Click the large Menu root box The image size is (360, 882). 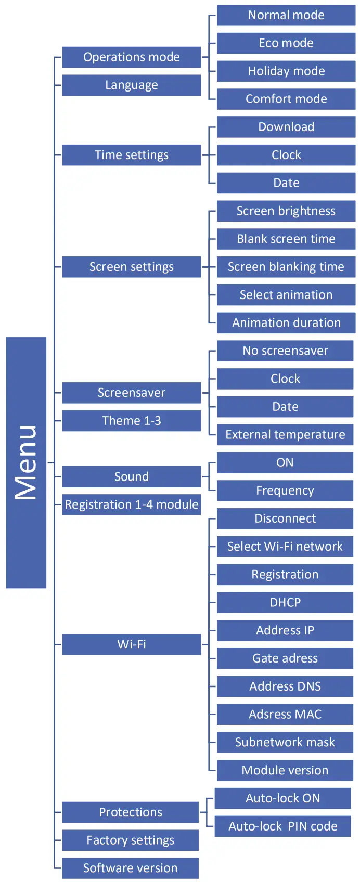[26, 462]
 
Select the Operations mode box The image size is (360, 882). [131, 57]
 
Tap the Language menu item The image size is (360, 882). [131, 85]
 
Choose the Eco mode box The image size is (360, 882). [286, 43]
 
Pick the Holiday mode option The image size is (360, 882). [286, 71]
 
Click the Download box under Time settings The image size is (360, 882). [286, 127]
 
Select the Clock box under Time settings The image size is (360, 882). [286, 155]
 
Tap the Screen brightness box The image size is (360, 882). [286, 211]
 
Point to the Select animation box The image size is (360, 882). [286, 295]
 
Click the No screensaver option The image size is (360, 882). [285, 351]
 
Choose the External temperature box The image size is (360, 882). [285, 435]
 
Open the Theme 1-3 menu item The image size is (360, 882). [131, 421]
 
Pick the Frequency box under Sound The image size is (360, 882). [285, 491]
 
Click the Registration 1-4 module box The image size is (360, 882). [131, 505]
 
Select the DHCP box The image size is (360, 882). [285, 603]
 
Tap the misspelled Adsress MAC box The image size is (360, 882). [285, 715]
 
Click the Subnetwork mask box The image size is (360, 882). [285, 743]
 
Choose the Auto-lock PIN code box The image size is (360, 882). [282, 826]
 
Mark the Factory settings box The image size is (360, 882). [130, 840]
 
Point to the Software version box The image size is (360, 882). [130, 868]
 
